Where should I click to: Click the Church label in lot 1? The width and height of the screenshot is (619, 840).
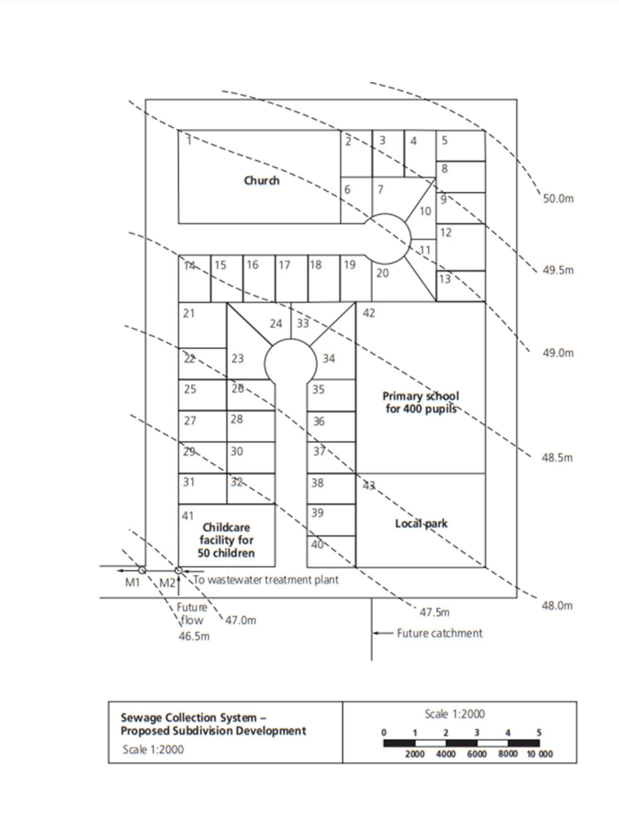pos(262,181)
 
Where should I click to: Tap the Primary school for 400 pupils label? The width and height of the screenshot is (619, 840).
pos(420,402)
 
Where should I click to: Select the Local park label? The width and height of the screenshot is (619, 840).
pos(421,523)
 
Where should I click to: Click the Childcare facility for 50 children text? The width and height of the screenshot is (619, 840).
pos(226,540)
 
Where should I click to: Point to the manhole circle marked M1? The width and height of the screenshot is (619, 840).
pos(142,570)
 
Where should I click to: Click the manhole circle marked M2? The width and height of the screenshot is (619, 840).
pos(178,570)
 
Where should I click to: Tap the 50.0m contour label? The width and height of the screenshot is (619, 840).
pos(558,199)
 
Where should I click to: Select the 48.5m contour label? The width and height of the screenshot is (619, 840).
pos(557,458)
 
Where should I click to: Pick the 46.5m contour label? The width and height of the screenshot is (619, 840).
pos(194,636)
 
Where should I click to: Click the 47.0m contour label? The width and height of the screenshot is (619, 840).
pos(240,620)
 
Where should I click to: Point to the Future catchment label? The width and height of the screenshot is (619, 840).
pos(439,633)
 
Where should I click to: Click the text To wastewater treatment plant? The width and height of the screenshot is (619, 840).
pos(265,580)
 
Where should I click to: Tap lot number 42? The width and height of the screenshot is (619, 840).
pos(369,313)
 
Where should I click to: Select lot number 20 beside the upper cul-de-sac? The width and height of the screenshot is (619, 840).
pos(383,273)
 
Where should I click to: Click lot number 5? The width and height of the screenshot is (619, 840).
pos(444,140)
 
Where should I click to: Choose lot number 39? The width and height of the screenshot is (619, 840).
pos(317,513)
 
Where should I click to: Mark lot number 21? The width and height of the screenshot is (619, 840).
pos(188,314)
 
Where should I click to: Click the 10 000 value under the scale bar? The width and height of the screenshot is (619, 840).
pos(540,754)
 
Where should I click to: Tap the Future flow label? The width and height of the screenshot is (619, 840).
pos(192,613)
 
